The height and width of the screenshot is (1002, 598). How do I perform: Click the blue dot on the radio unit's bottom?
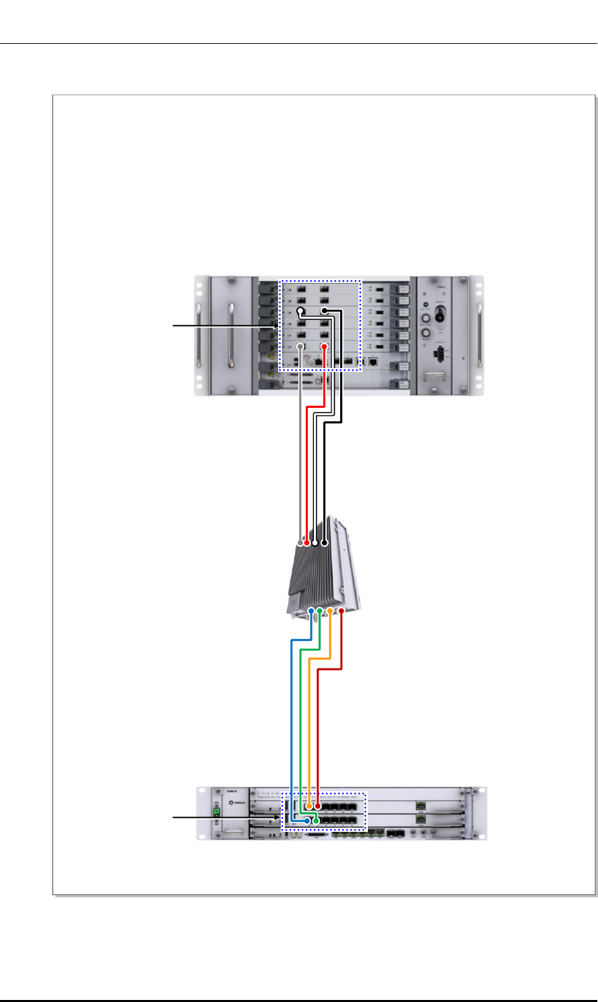pos(311,611)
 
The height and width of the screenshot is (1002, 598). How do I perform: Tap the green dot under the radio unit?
pos(320,611)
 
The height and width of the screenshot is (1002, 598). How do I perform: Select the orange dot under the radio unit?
pos(331,611)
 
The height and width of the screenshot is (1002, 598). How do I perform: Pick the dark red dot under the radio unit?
pos(342,611)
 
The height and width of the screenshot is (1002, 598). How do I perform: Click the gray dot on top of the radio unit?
pos(300,543)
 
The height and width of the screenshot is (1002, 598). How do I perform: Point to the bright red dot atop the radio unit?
pos(308,543)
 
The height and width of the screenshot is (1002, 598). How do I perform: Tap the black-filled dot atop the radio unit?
pos(325,543)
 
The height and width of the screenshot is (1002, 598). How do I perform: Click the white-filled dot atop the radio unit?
pos(315,543)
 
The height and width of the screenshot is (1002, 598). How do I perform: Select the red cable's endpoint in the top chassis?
pos(324,346)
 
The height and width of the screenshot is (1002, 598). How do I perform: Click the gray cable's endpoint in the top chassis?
pos(300,346)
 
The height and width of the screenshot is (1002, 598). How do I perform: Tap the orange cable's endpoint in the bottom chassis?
pos(308,806)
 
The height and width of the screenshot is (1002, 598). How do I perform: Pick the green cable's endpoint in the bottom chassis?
pos(316,820)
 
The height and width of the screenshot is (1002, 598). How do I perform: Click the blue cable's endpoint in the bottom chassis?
pos(307,820)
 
